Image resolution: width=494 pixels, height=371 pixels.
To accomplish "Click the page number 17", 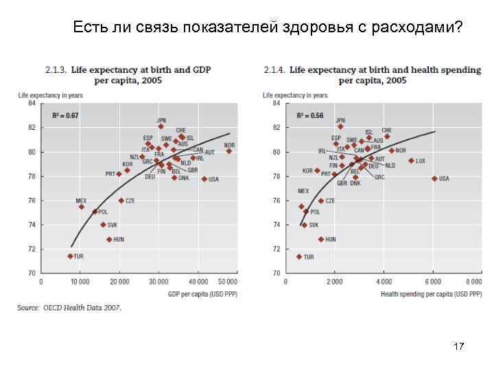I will click(458, 347).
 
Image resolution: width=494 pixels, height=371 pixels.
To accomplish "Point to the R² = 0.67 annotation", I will click(66, 115).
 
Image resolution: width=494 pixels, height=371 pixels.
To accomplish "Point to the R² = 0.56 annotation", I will click(310, 115).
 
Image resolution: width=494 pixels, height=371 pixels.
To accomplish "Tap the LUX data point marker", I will click(411, 161).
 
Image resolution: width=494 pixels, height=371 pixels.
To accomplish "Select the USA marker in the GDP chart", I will click(204, 179).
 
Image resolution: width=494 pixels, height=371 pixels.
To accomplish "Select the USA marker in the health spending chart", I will click(434, 179).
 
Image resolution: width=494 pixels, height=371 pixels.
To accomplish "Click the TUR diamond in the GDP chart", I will click(70, 256).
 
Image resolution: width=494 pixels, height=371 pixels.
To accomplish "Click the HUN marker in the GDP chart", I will click(109, 240).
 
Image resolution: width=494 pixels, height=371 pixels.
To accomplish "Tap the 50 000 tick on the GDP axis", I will click(228, 282).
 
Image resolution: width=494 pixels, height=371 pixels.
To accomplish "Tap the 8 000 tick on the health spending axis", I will click(473, 282).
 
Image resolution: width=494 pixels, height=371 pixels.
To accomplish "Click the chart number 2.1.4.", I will click(274, 70).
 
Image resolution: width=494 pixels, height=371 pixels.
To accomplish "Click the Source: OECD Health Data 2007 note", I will click(70, 308).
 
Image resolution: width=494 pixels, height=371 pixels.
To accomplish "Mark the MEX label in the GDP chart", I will click(81, 201).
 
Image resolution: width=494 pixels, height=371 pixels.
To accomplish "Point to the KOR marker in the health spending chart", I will click(317, 170).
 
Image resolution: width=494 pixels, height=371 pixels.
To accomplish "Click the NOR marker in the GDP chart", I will click(228, 151).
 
